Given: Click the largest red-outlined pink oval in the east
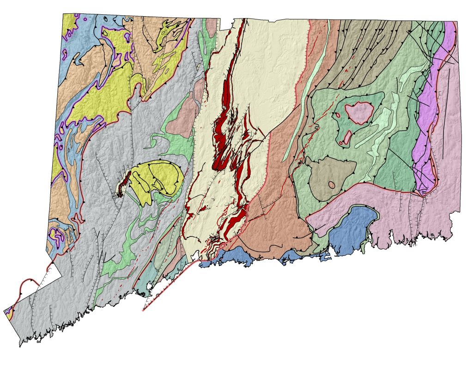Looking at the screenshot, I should point(359,112).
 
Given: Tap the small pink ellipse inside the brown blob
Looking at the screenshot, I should point(332,184).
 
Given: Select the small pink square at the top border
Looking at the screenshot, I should point(212,23).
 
